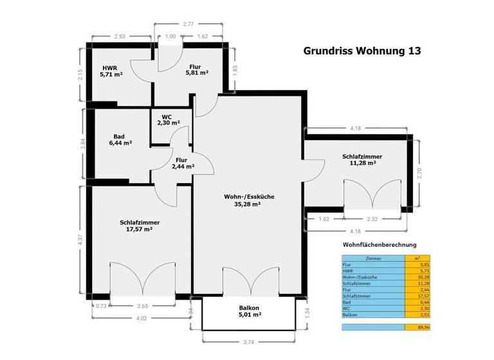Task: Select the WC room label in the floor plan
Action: tap(167, 116)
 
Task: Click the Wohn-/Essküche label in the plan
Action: tap(247, 197)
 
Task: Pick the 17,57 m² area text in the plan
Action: tap(140, 229)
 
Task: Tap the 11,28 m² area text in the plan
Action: tap(362, 163)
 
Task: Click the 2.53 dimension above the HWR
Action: tap(120, 37)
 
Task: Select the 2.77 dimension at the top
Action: tap(188, 24)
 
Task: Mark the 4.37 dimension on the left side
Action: tap(80, 240)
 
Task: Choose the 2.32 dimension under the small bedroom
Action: tap(372, 219)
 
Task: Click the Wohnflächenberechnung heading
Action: tap(379, 244)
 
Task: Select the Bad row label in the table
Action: tap(348, 302)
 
